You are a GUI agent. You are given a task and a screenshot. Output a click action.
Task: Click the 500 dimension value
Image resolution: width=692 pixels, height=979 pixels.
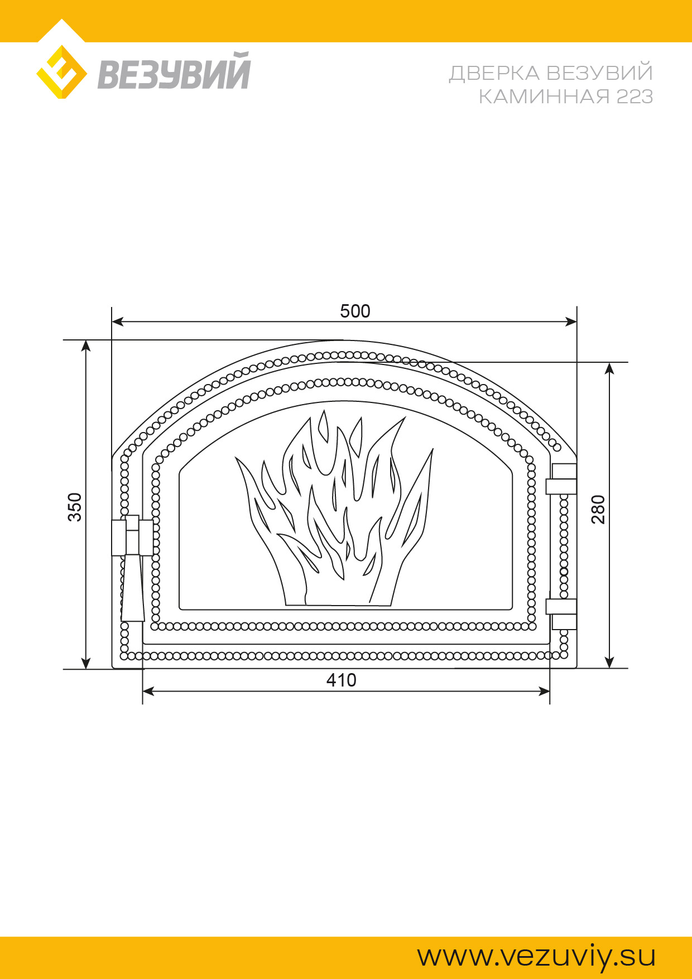point(355,311)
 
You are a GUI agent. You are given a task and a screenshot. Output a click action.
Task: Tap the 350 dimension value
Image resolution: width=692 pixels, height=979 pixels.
point(75,507)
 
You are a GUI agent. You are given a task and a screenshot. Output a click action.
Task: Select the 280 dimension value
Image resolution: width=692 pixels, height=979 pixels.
point(598,509)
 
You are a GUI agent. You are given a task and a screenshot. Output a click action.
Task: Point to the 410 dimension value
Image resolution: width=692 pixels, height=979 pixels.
point(341,680)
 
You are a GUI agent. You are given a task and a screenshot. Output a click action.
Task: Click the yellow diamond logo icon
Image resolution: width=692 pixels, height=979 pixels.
point(61,72)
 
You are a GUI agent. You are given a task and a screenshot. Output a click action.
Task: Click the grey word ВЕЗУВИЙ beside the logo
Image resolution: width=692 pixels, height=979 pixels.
point(174,71)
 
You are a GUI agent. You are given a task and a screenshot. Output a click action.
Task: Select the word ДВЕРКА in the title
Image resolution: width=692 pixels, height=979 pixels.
point(494,73)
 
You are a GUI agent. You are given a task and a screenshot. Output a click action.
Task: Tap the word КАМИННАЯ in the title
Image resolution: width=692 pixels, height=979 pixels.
point(545,97)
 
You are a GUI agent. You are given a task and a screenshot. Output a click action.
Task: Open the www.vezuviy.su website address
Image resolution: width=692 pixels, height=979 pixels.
point(536,957)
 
